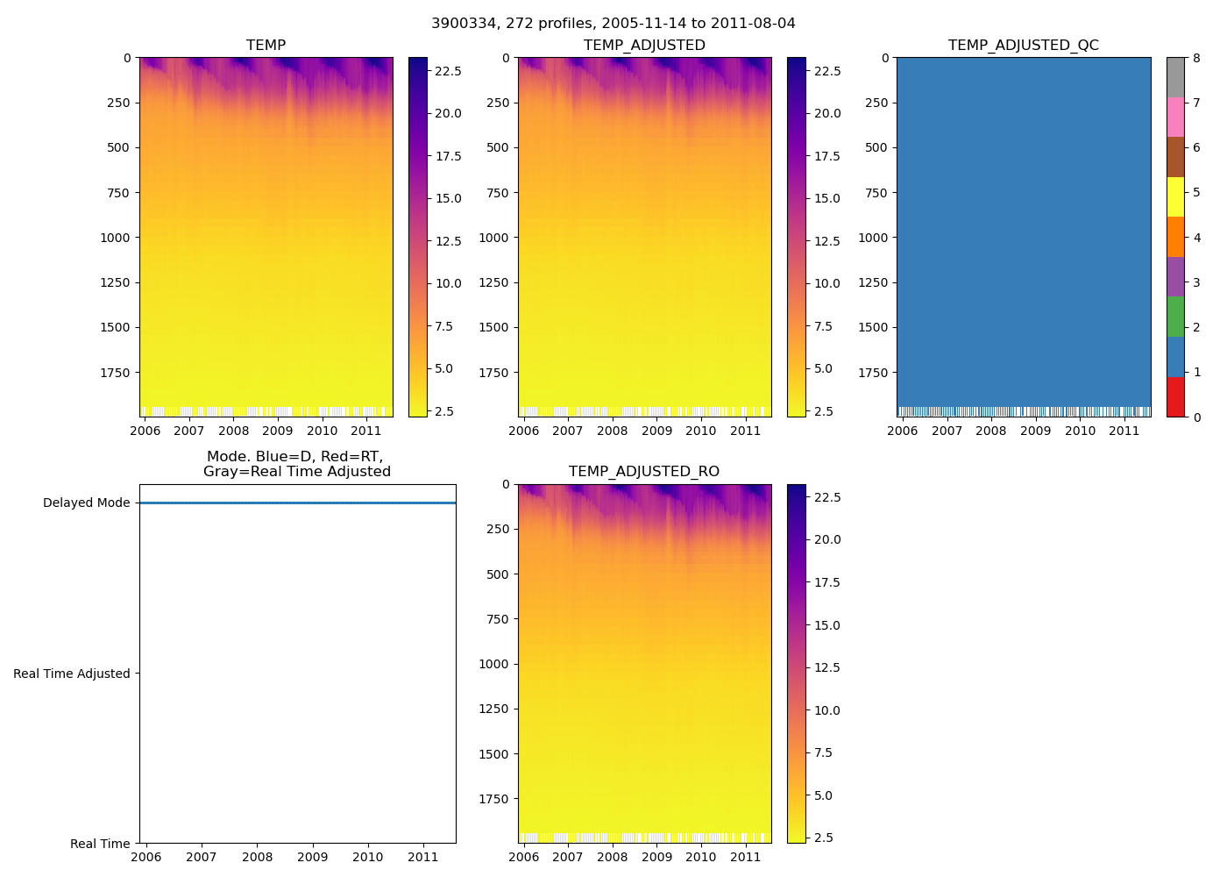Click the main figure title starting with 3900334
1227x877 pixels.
click(613, 24)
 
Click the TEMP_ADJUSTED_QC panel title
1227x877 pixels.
click(1023, 46)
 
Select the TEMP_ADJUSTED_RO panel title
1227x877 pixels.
click(644, 472)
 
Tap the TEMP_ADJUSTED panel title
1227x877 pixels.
click(644, 46)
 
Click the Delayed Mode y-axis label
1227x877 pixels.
click(86, 503)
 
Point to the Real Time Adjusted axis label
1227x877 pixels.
click(72, 674)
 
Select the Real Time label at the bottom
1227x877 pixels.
click(100, 844)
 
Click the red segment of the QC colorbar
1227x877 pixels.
click(1175, 397)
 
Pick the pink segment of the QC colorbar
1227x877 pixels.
click(1175, 118)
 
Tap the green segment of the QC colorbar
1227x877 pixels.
click(1175, 317)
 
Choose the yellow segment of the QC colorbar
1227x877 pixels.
click(1175, 197)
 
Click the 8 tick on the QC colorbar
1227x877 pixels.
click(1196, 59)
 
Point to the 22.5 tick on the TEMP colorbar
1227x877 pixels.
click(449, 71)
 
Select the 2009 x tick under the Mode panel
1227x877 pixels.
click(312, 857)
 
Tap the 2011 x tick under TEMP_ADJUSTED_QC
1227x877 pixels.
click(1124, 431)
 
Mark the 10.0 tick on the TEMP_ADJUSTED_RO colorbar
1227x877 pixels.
click(827, 710)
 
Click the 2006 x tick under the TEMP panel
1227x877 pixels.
click(145, 431)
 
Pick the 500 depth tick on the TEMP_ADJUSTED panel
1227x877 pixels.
click(497, 147)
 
